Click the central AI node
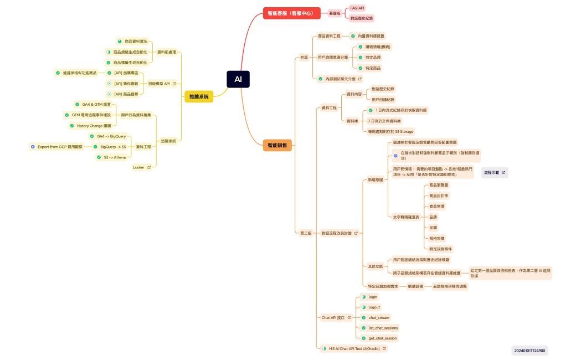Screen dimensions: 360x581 [238, 79]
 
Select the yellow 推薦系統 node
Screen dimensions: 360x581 [199, 96]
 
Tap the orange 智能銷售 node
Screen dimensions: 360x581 [277, 145]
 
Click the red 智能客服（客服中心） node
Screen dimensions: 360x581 [291, 13]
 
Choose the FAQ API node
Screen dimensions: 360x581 [357, 8]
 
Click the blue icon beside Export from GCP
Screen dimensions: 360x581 [33, 147]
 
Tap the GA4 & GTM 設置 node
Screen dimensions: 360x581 [93, 104]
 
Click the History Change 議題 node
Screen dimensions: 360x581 [90, 126]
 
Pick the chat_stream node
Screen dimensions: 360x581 [376, 318]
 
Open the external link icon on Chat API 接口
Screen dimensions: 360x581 [349, 318]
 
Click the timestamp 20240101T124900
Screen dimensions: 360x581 [529, 350]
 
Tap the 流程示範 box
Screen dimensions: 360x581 [494, 173]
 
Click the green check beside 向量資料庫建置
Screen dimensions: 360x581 [353, 36]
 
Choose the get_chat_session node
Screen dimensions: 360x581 [379, 338]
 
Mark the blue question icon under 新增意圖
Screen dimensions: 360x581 [395, 156]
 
